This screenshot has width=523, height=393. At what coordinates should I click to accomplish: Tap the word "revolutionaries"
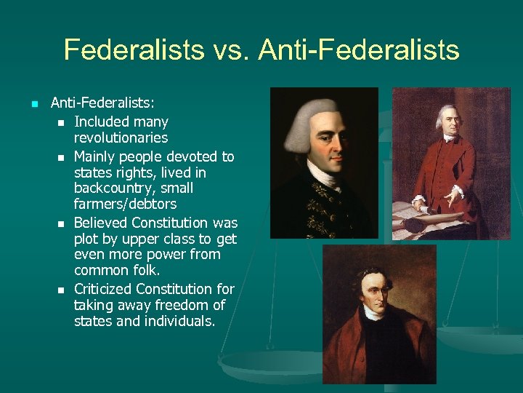[x=121, y=138]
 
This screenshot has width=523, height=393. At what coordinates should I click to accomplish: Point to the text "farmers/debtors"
[x=125, y=205]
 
